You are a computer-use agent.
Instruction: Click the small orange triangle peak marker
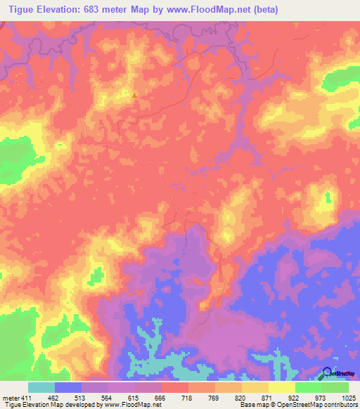point(134,94)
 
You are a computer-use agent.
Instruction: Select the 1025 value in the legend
point(348,397)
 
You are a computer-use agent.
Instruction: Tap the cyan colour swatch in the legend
point(41,387)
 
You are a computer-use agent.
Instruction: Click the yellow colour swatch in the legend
point(281,387)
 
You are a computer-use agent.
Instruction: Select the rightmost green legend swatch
point(335,387)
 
